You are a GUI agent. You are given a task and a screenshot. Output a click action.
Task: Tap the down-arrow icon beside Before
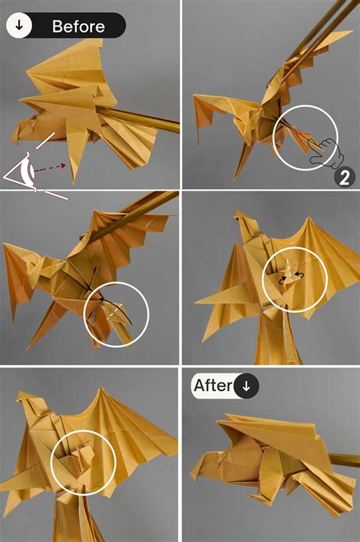tap(19, 26)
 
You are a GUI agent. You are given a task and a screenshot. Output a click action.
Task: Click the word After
tap(212, 386)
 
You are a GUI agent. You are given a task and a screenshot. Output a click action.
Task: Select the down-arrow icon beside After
tap(245, 386)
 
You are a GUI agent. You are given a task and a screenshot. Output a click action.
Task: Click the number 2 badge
tap(344, 178)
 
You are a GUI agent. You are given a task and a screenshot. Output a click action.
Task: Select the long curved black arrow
tap(114, 307)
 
